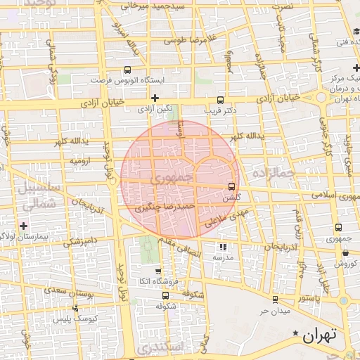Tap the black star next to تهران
(x=296, y=333)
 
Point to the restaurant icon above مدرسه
(x=223, y=247)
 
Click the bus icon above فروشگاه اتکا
(x=157, y=271)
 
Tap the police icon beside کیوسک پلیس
(x=77, y=307)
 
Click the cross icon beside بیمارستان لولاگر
(x=25, y=226)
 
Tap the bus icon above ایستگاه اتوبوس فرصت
(x=127, y=70)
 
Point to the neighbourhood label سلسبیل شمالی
(x=28, y=198)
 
